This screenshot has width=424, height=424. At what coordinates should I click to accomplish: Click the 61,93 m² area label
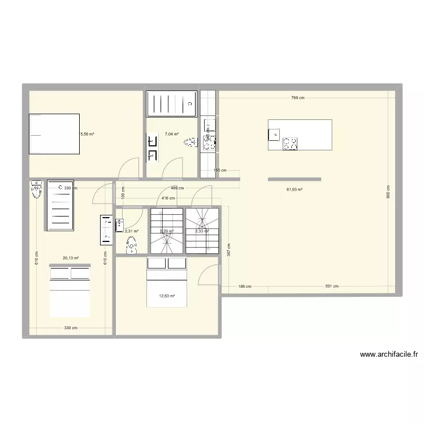[294, 189]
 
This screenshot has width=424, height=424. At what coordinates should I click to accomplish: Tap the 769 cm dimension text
[297, 98]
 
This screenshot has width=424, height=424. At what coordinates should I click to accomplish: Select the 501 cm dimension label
[332, 286]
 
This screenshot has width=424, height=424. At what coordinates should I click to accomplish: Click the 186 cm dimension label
[244, 286]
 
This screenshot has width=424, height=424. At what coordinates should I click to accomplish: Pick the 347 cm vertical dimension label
[228, 250]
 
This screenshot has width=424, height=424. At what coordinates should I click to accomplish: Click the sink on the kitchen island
[274, 134]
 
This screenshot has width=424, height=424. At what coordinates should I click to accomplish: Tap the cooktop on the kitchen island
[290, 144]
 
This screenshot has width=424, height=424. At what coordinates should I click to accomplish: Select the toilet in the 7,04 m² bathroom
[190, 144]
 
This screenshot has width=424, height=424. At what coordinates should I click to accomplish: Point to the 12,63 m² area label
[167, 296]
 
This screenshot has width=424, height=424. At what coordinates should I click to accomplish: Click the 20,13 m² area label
[71, 258]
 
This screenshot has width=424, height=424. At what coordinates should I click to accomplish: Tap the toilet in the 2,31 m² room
[132, 245]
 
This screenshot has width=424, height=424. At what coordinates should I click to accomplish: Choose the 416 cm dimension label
[168, 198]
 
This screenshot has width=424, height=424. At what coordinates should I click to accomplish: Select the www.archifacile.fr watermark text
[389, 355]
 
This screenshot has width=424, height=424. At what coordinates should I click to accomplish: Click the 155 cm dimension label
[220, 170]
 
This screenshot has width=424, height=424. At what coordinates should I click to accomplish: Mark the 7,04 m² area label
[172, 135]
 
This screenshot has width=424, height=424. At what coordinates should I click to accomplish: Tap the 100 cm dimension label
[123, 192]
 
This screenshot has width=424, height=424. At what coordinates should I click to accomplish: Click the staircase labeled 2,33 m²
[202, 231]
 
